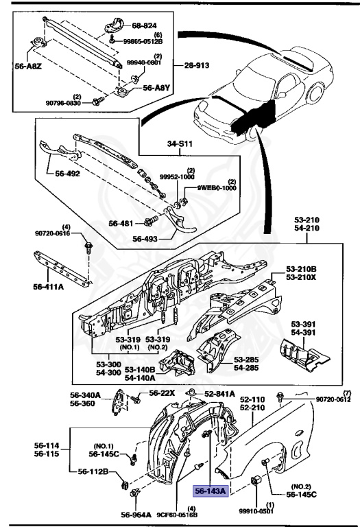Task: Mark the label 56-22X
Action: (x=163, y=393)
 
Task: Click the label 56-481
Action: (x=123, y=222)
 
